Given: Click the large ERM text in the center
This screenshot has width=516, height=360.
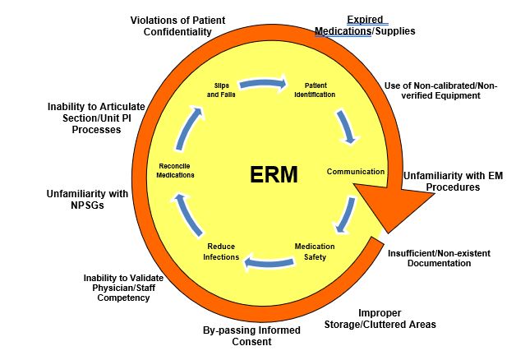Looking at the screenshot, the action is (274, 174).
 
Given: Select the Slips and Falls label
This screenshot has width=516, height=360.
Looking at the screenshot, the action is (221, 90).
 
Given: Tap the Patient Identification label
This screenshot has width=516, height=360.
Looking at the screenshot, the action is (315, 90).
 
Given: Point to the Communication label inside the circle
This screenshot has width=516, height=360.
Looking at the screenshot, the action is (356, 172).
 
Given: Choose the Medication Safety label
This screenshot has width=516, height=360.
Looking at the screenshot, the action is (315, 252).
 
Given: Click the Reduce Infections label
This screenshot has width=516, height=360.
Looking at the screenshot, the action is (221, 252).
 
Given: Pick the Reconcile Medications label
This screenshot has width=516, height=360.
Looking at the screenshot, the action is (175, 170).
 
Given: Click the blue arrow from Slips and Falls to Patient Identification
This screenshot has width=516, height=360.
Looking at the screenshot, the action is (263, 84).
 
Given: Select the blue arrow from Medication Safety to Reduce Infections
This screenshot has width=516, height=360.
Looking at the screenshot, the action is (269, 262).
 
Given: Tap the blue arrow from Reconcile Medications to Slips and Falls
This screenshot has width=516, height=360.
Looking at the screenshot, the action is (187, 127).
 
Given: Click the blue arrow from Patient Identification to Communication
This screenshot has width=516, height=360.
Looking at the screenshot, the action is (346, 127).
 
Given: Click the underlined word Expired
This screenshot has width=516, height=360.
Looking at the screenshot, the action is (365, 20).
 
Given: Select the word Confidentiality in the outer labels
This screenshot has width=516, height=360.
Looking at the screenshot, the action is (177, 32).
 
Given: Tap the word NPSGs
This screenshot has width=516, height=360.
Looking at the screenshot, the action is (87, 205).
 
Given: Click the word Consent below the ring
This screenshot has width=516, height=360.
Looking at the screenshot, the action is (251, 342).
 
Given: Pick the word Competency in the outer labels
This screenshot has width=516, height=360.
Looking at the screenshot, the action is (123, 298).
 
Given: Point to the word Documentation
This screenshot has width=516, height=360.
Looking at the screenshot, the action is (439, 263).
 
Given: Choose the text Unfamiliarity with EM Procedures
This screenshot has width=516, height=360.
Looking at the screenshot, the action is (454, 182).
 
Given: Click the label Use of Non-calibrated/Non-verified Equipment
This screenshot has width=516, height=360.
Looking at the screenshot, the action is (440, 90).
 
